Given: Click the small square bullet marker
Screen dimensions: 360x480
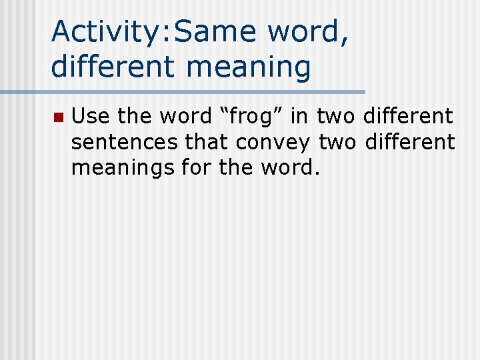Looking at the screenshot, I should [x=57, y=117].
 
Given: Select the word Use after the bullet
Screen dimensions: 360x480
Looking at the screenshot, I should [x=91, y=117].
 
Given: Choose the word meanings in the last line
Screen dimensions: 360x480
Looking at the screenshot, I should [x=123, y=168].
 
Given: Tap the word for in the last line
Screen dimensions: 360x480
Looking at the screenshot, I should [x=195, y=168].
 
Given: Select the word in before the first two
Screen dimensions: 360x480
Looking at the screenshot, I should [x=299, y=117].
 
